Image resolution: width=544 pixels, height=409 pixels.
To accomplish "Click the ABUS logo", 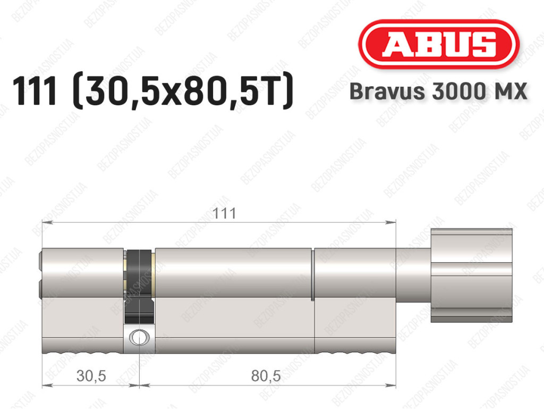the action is [x=438, y=44].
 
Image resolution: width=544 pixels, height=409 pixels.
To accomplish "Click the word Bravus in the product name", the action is [x=387, y=91].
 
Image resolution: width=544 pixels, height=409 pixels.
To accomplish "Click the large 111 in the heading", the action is [x=35, y=91].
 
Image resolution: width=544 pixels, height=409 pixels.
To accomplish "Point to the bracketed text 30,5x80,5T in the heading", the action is [x=183, y=92].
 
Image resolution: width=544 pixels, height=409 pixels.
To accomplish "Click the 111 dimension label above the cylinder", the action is [x=224, y=213].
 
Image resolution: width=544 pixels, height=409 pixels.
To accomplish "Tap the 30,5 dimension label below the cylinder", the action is [x=91, y=376].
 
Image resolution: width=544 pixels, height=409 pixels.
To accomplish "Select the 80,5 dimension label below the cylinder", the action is [x=266, y=376].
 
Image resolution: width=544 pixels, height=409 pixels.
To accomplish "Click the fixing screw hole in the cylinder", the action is [x=139, y=337].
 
